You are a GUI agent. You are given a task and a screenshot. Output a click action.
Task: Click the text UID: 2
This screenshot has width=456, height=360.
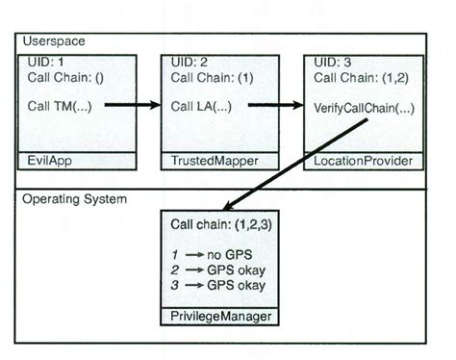(188, 62)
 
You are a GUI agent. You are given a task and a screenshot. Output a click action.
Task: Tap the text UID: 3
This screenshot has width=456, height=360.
(334, 62)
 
